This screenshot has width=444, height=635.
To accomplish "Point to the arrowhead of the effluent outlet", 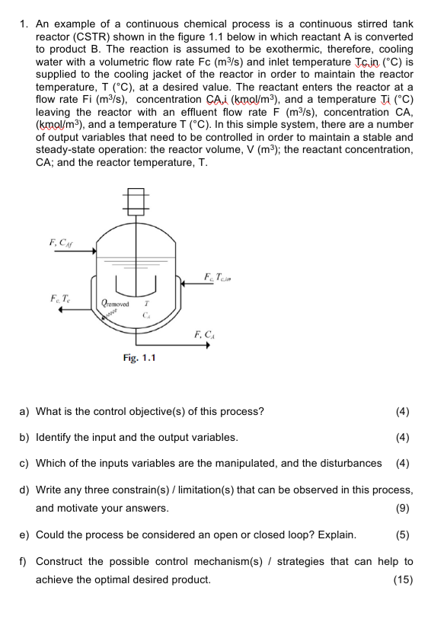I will [x=207, y=344].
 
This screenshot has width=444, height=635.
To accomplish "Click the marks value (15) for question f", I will [x=401, y=580].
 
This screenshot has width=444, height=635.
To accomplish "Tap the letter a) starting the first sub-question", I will [x=24, y=412].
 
